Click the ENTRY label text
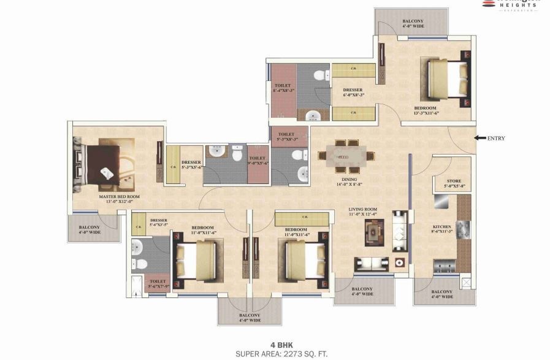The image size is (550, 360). tap(496, 139)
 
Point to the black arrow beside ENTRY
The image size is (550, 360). tap(479, 138)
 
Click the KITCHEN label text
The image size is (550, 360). tap(442, 228)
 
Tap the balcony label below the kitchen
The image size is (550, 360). tap(442, 294)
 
